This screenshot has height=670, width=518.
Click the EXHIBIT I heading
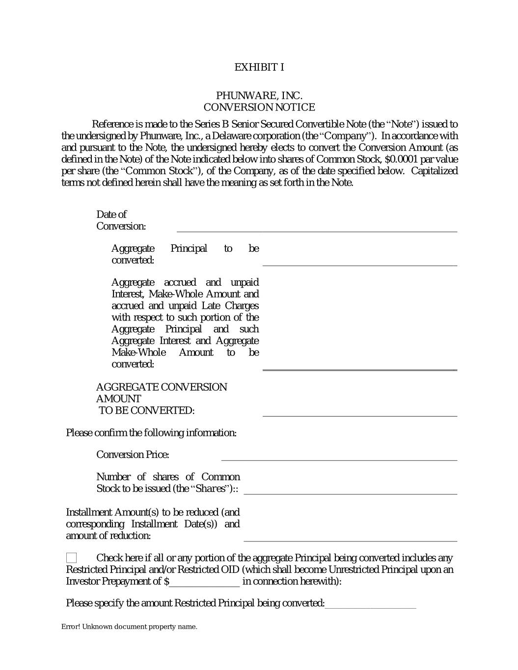pos(259,67)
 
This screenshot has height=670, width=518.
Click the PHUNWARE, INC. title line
pos(259,95)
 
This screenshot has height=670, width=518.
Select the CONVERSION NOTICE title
pos(259,107)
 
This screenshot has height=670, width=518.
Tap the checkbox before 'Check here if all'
pos(72,558)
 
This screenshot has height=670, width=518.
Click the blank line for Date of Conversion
pos(317,227)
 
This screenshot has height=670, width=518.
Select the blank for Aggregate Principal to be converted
pos(359,261)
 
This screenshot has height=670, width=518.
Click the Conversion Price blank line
pos(339,456)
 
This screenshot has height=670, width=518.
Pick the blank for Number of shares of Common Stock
pos(350,490)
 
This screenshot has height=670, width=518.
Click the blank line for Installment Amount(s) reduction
pos(350,536)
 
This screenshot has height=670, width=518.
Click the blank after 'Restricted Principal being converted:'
pos(370,604)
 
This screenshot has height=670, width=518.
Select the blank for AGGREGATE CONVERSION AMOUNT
pos(359,412)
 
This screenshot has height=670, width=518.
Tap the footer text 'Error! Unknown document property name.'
pos(129,627)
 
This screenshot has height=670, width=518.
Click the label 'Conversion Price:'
pos(133,455)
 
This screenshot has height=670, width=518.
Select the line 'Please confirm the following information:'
pos(151,433)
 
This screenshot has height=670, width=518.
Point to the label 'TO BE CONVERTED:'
pos(146,410)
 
